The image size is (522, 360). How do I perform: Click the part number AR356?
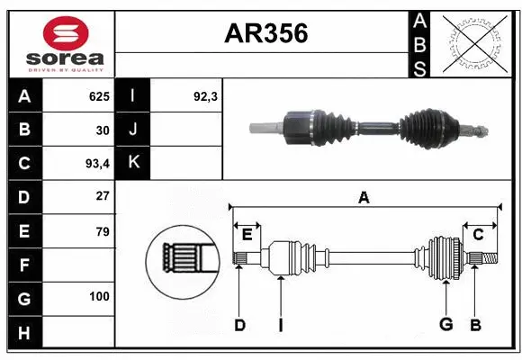[x=265, y=33]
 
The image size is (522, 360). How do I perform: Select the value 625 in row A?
[x=98, y=96]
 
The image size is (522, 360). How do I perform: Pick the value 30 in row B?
[x=102, y=130]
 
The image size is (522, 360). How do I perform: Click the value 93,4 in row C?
[x=96, y=163]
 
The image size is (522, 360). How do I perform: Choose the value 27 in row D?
[x=102, y=195]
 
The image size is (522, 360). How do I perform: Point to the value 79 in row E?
[x=102, y=231]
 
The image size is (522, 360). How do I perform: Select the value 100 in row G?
[x=98, y=296]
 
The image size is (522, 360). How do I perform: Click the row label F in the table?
[x=23, y=265]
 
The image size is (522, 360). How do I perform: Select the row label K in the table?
[x=133, y=163]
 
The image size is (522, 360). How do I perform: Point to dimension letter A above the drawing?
[x=364, y=198]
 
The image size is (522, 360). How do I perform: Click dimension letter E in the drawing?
[x=247, y=235]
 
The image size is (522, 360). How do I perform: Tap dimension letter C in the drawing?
[x=478, y=235]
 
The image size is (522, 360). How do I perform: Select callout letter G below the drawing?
[x=445, y=325]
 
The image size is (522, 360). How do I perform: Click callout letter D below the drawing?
[x=239, y=325]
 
